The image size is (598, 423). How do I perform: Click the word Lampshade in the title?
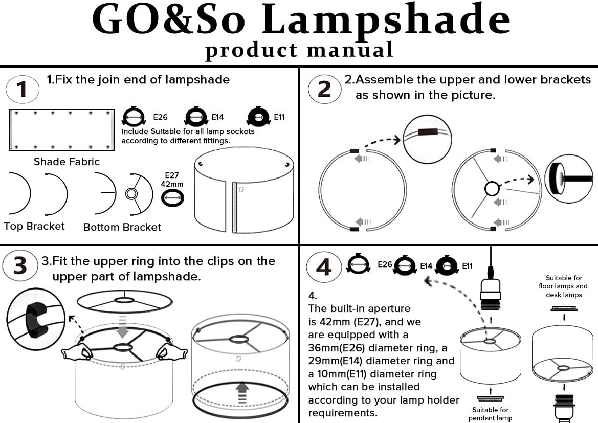tap(389, 21)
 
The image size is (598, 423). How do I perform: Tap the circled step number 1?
tap(21, 90)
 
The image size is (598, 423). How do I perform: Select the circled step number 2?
tap(324, 90)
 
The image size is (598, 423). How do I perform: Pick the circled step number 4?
tap(324, 267)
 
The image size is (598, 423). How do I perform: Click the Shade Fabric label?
tap(67, 162)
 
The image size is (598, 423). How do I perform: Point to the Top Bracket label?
tap(34, 226)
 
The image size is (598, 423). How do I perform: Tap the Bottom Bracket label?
tap(122, 227)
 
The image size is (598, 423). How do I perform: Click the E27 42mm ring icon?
tap(173, 197)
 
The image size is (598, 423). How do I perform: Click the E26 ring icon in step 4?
tap(358, 264)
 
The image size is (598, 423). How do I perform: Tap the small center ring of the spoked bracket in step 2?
tap(492, 189)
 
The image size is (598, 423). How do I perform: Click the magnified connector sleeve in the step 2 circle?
tap(425, 132)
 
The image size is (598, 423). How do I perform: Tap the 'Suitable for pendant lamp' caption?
tap(490, 414)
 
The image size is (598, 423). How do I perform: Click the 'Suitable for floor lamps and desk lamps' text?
tap(563, 286)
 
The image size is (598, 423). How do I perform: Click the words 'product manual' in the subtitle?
tap(299, 50)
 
